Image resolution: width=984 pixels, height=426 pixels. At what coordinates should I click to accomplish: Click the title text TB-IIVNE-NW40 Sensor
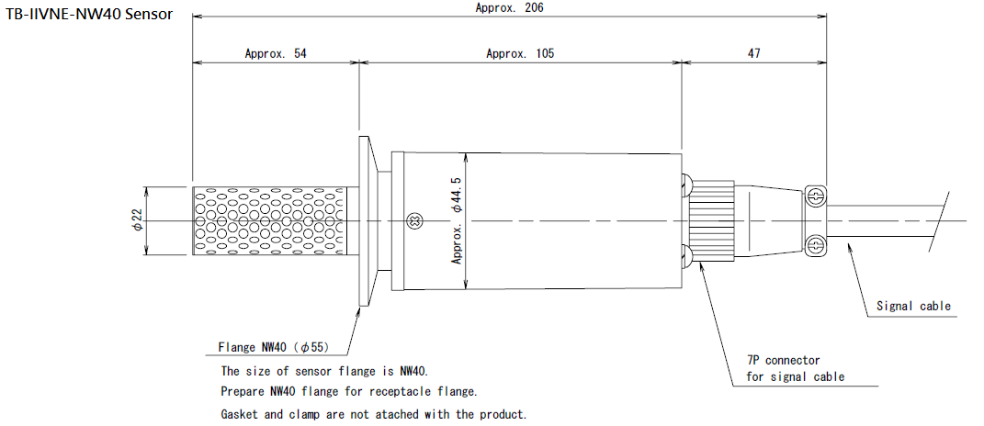88,16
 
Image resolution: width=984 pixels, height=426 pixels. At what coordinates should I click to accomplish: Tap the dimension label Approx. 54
276,53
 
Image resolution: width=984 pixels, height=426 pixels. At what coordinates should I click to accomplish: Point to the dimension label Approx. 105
520,53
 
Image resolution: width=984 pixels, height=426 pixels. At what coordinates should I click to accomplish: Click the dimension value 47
753,53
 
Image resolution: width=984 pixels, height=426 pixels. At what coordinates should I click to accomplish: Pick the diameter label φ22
137,220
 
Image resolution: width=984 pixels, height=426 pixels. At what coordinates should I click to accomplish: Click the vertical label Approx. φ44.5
457,220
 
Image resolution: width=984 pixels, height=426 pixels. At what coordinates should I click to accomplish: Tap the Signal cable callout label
913,306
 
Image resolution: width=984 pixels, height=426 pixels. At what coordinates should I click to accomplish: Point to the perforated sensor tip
273,221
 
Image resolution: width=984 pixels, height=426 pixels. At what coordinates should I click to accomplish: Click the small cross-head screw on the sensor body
414,220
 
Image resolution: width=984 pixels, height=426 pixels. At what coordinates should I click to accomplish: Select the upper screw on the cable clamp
812,196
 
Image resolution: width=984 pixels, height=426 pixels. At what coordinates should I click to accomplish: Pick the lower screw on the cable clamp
812,245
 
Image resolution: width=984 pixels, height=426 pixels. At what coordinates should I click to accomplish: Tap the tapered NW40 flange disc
364,221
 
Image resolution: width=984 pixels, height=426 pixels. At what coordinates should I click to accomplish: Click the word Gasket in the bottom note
241,414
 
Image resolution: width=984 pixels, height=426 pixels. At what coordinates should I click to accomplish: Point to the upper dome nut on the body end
686,185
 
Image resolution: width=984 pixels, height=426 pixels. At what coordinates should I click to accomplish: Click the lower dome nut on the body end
686,258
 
